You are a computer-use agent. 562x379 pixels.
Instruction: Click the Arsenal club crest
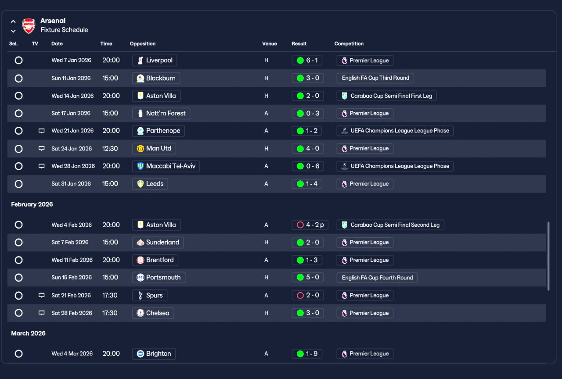pos(29,26)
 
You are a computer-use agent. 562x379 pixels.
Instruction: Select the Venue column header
pos(270,43)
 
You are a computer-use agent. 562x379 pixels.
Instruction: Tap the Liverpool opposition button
pos(154,61)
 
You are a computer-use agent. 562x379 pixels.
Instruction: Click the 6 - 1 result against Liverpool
pos(307,61)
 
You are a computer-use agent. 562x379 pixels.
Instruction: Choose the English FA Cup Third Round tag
pos(375,78)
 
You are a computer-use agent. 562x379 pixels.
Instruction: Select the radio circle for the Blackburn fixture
pos(18,78)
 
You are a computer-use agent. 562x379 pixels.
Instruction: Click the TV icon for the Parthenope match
pos(41,131)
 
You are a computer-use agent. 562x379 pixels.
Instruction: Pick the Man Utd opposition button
pos(154,148)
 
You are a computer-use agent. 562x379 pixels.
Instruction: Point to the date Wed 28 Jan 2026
pos(73,166)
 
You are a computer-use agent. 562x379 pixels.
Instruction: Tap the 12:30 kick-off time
pos(110,148)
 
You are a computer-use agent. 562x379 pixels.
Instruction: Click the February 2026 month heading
pos(32,204)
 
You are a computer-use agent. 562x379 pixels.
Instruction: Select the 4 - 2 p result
pos(310,225)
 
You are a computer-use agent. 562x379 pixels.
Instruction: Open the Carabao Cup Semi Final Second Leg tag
pos(390,225)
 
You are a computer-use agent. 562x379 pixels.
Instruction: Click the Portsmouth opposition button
pos(159,278)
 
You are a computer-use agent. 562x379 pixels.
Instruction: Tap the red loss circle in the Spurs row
pos(300,295)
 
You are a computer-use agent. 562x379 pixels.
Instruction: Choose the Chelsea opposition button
pos(153,313)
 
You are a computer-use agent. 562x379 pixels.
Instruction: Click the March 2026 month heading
pos(29,333)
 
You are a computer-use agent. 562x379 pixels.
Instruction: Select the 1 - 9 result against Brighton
pos(307,354)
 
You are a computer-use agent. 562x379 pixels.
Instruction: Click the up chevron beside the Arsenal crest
pos(13,21)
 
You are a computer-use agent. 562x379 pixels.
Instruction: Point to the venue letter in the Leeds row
pos(266,184)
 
